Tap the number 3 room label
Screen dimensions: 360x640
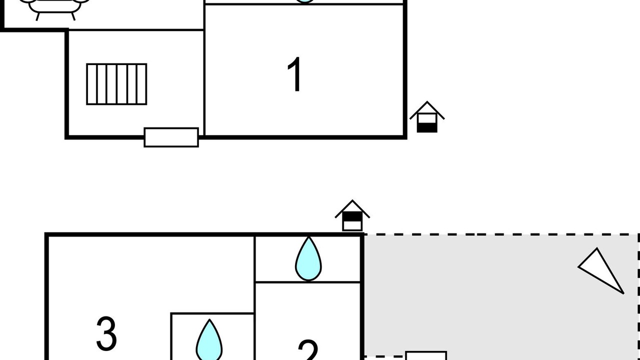(x=106, y=333)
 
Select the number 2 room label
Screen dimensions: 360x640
(x=308, y=350)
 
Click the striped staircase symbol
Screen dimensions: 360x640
(x=116, y=84)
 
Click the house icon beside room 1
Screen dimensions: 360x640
(x=427, y=117)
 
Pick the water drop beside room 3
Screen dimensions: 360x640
(x=209, y=341)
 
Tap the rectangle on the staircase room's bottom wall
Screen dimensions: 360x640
(x=171, y=137)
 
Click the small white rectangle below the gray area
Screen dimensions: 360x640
(x=425, y=355)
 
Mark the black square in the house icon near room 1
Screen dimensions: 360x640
(x=427, y=127)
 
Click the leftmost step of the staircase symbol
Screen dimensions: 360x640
(x=91, y=84)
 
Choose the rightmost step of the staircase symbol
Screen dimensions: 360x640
(x=141, y=84)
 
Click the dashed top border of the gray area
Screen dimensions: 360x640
(x=500, y=234)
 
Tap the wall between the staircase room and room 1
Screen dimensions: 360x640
(x=204, y=82)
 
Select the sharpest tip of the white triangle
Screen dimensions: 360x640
(x=623, y=292)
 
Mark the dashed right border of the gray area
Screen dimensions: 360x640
(x=638, y=300)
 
